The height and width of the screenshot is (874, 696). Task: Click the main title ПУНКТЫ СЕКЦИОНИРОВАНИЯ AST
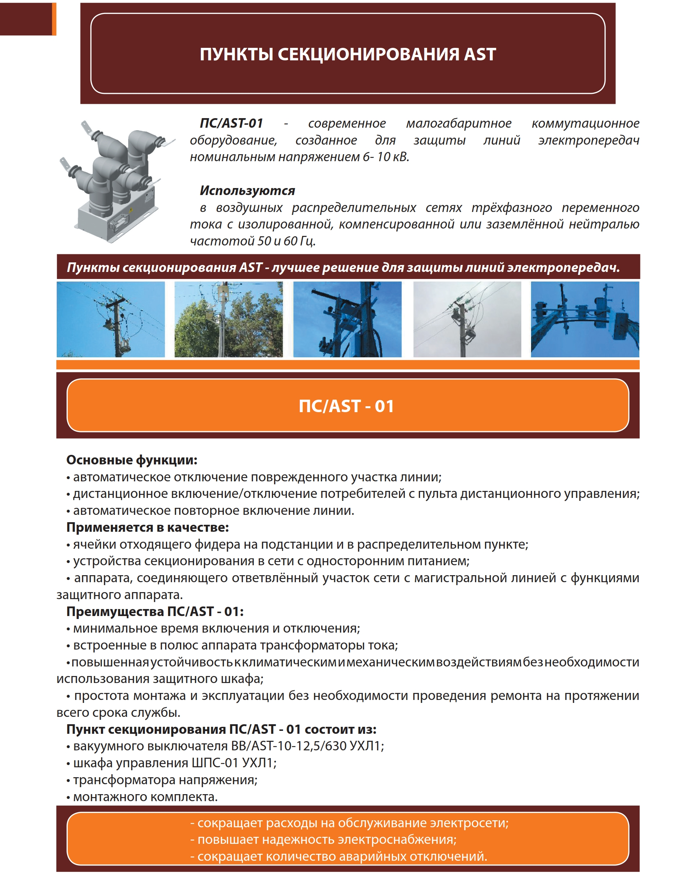(347, 54)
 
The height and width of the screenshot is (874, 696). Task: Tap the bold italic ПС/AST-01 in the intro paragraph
(232, 123)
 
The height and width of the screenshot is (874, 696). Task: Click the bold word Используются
(247, 191)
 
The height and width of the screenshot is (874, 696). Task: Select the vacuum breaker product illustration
(116, 181)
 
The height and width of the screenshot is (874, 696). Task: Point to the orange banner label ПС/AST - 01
(347, 406)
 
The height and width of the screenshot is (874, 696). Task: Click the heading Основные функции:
(132, 460)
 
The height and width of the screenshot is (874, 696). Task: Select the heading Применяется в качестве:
(148, 527)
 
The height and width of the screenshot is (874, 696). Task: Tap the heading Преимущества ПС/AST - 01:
(155, 611)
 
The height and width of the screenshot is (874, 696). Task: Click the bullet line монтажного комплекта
(145, 797)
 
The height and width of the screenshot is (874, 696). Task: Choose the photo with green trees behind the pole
(228, 319)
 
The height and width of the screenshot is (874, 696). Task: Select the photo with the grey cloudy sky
(467, 319)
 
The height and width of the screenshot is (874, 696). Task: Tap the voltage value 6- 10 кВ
(385, 157)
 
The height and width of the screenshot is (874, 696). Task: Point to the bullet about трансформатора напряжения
(165, 780)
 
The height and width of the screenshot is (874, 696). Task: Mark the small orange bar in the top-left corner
(54, 19)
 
